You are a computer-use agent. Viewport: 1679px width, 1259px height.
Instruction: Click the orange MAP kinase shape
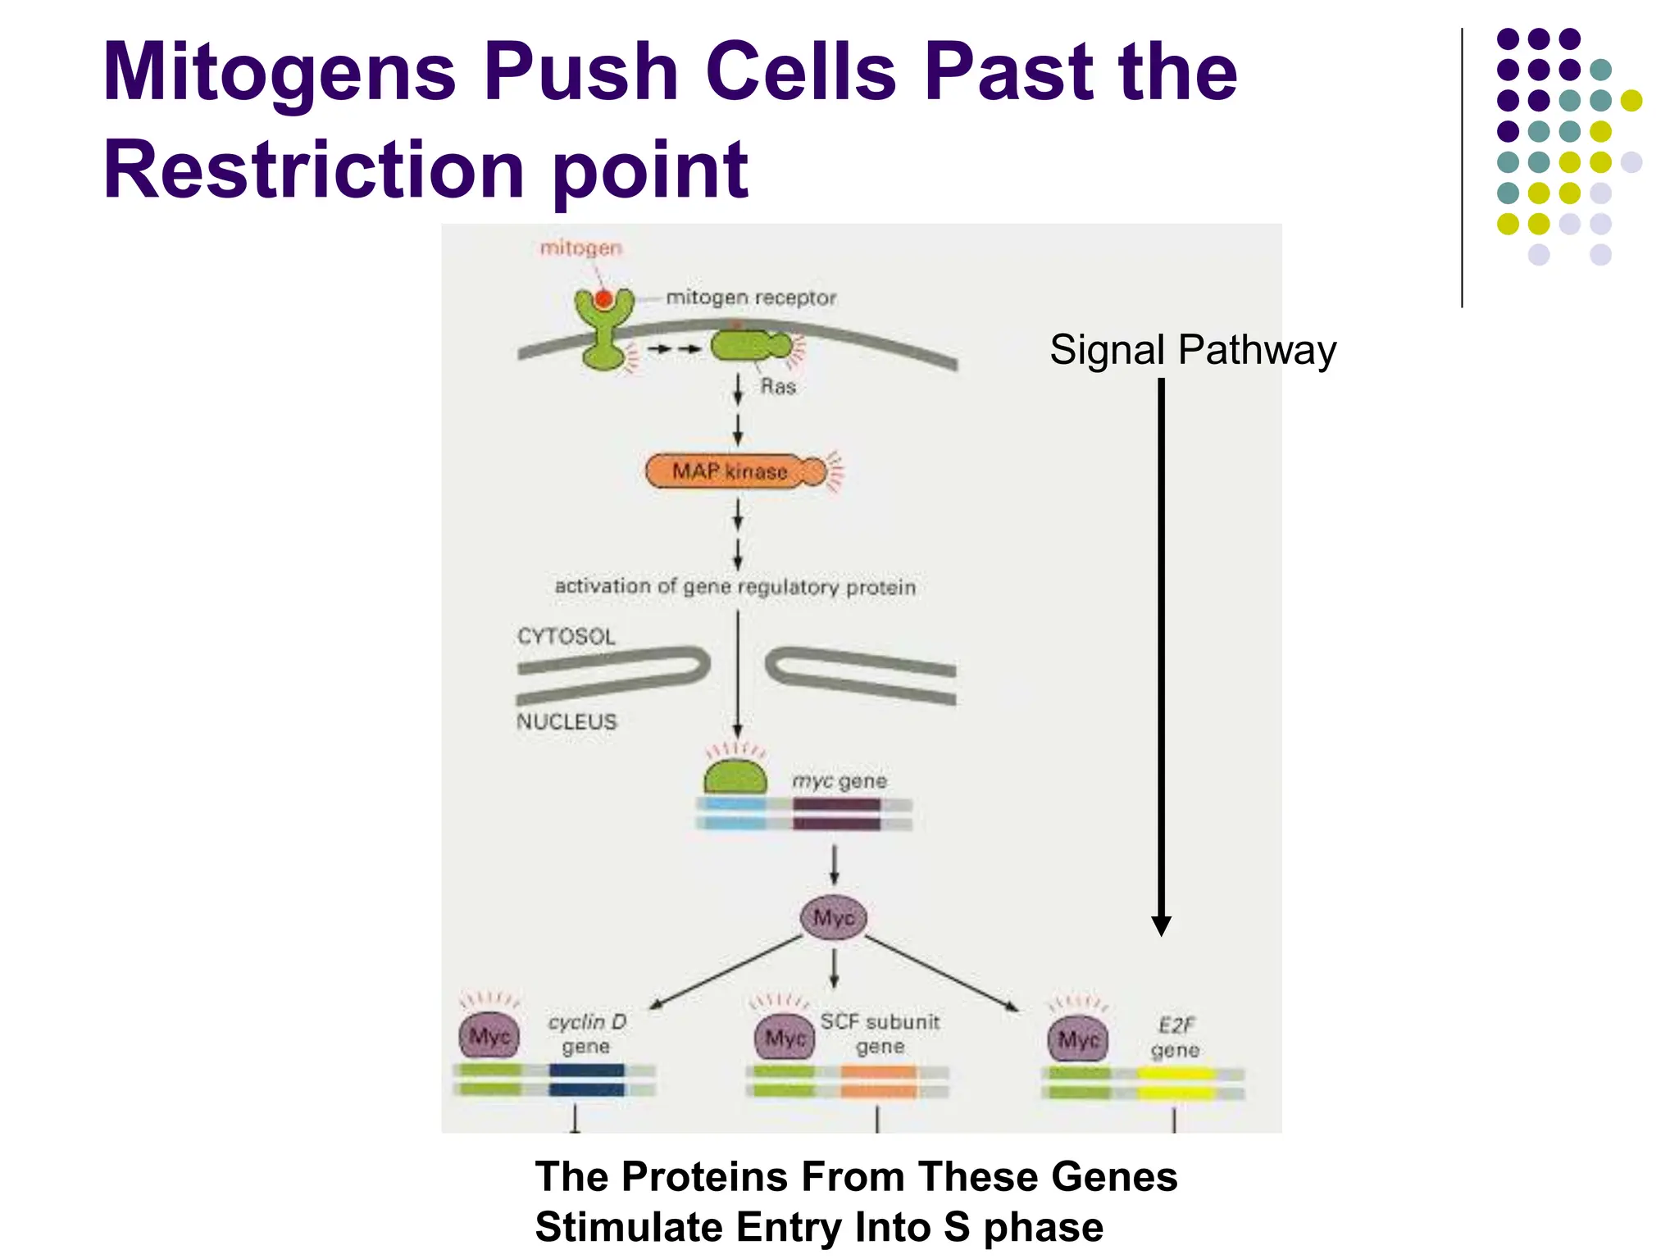[x=730, y=471]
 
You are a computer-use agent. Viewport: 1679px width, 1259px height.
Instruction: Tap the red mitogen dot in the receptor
[x=603, y=299]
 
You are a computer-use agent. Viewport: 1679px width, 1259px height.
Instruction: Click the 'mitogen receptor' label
[x=750, y=298]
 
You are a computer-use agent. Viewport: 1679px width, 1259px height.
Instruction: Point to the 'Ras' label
[x=777, y=387]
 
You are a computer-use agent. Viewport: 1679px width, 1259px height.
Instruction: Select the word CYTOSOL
[x=566, y=637]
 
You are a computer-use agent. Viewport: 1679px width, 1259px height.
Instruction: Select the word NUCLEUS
[x=566, y=722]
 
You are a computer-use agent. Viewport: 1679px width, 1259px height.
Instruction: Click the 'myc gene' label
[x=839, y=781]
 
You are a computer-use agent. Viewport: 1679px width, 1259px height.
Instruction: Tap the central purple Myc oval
[x=833, y=917]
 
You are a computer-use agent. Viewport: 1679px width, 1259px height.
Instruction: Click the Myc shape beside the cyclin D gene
[x=489, y=1037]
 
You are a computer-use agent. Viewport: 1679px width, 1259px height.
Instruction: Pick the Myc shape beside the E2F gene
[x=1078, y=1040]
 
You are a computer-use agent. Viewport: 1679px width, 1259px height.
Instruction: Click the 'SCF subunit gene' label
[x=880, y=1034]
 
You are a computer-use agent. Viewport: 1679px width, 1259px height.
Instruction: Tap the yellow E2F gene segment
[x=1174, y=1083]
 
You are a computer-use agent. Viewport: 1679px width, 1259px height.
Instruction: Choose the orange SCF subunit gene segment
[x=878, y=1081]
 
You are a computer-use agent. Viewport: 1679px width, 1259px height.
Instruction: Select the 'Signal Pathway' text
[x=1192, y=350]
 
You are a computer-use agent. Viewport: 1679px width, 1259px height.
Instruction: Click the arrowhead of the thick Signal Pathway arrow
[x=1161, y=926]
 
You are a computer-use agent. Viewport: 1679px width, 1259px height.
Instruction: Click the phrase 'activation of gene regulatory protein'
[x=735, y=587]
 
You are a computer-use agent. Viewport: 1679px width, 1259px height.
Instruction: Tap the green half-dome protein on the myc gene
[x=735, y=778]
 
